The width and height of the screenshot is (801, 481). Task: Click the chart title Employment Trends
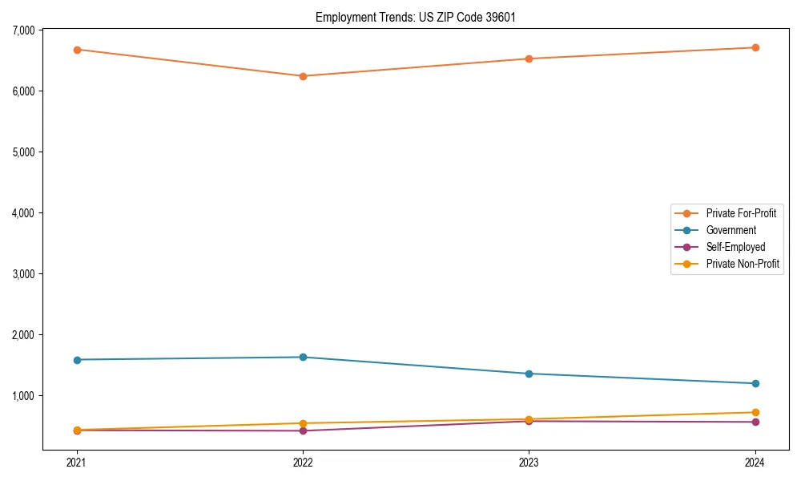tap(416, 17)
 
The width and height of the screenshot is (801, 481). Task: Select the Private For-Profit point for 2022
tap(303, 76)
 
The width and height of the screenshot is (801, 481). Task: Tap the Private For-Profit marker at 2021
tap(77, 50)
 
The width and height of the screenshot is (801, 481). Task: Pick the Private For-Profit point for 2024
tap(755, 47)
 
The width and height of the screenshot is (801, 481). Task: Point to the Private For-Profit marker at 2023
tap(529, 59)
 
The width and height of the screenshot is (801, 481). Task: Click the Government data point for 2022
tap(303, 357)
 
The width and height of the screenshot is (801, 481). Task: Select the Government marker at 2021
tap(77, 360)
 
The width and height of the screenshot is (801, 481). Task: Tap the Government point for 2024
tap(755, 383)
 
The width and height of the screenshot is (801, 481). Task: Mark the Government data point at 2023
tap(529, 374)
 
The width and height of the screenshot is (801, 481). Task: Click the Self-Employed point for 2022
tap(303, 430)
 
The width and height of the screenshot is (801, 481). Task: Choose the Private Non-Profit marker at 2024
tap(755, 412)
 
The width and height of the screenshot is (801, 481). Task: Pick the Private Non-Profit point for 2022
tap(303, 423)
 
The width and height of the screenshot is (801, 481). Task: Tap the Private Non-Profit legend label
tap(743, 264)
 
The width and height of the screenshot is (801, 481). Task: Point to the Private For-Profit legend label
tap(741, 213)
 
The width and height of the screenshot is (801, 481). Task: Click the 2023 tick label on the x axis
tap(529, 463)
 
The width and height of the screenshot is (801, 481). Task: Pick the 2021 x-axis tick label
tap(77, 463)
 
